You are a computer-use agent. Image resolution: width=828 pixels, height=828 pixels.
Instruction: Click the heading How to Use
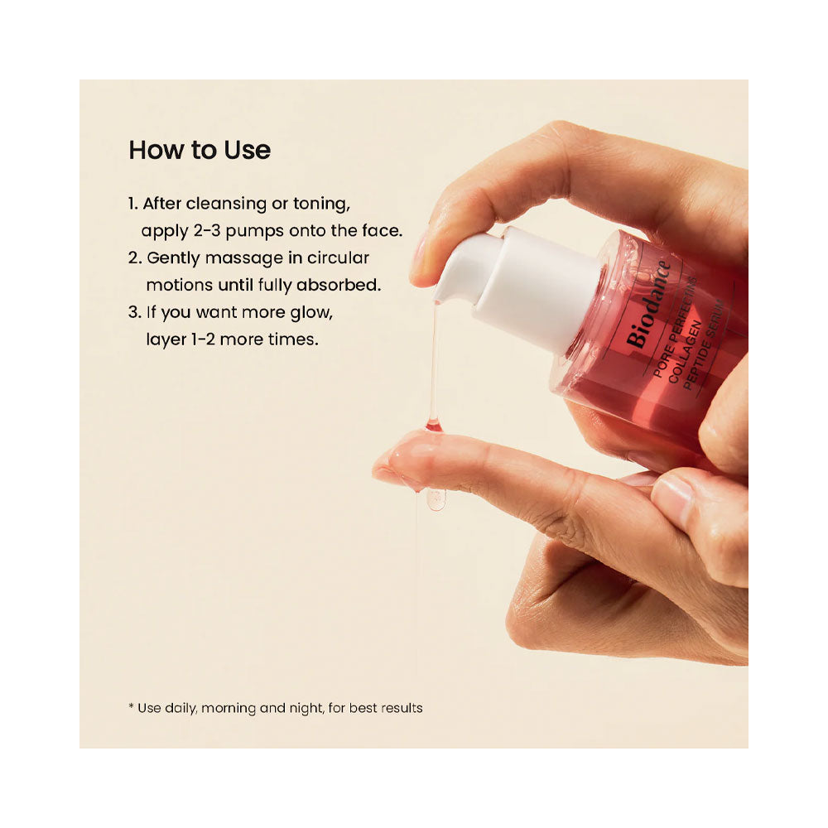click(200, 150)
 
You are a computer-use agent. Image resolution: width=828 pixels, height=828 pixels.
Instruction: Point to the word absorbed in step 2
click(339, 285)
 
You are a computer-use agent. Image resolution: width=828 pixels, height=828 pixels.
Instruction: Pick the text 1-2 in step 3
click(203, 339)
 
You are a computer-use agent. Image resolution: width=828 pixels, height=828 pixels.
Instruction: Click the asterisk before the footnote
click(131, 706)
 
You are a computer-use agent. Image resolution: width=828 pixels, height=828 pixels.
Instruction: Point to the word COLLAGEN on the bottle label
click(685, 352)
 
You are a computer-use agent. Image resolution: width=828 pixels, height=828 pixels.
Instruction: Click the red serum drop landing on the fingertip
click(433, 423)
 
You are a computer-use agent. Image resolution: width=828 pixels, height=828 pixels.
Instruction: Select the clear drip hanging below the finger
click(436, 499)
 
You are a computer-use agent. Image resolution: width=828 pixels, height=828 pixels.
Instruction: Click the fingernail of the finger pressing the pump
click(421, 253)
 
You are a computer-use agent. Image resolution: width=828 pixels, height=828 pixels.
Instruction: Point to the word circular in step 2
click(338, 258)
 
